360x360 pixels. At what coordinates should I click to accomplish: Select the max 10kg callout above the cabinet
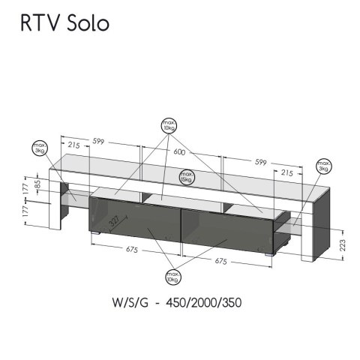click(x=170, y=124)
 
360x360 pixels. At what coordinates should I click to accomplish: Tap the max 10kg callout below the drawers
click(x=173, y=279)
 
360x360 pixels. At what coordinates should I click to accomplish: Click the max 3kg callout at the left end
click(x=38, y=148)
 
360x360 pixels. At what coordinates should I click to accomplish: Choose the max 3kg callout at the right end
click(x=324, y=166)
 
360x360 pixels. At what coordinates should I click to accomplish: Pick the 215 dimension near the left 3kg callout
click(x=73, y=144)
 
